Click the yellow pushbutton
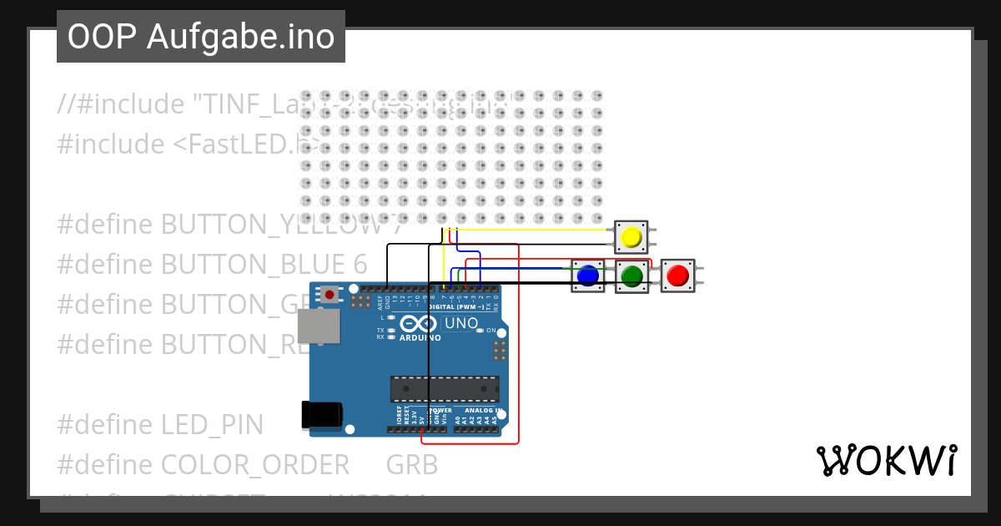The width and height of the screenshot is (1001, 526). [x=631, y=237]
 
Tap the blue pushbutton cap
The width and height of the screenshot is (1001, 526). [x=588, y=275]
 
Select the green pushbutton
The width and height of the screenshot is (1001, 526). [x=632, y=275]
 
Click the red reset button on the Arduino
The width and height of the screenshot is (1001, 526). [x=331, y=294]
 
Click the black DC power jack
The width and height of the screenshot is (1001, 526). [x=322, y=415]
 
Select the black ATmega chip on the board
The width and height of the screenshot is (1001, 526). [x=445, y=389]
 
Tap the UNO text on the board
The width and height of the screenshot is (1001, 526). [x=461, y=323]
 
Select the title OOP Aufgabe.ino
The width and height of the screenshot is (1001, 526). [x=200, y=37]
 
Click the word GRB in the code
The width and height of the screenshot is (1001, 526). [x=412, y=464]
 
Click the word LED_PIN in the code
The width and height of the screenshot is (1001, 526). [x=212, y=424]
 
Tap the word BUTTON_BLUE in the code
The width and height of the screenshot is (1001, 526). [x=253, y=264]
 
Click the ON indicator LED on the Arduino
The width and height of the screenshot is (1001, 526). [x=479, y=331]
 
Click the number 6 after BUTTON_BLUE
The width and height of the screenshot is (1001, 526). [x=360, y=264]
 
